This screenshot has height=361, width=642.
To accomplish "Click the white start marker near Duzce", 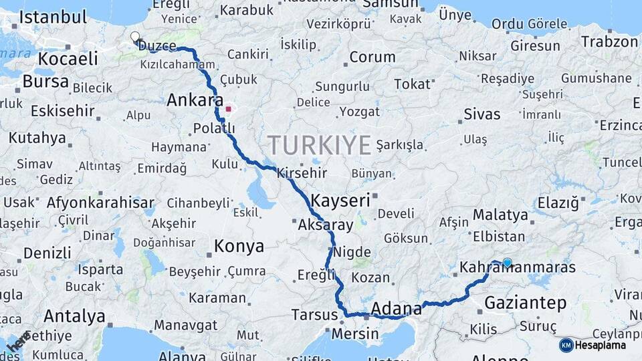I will [135, 37].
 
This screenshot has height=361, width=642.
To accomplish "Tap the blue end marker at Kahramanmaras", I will [508, 263].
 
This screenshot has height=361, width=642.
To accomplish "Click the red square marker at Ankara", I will [228, 108].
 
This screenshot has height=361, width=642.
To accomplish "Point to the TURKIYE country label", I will [320, 145].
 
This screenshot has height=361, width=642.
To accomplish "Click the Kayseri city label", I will [340, 199].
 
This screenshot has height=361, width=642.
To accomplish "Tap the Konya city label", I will [239, 247].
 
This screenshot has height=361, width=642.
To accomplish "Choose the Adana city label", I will [396, 308].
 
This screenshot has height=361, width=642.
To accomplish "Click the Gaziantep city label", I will [525, 303].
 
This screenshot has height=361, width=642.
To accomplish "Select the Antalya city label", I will [74, 316].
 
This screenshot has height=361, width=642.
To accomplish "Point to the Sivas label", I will [482, 114].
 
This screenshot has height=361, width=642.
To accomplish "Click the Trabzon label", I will [609, 41].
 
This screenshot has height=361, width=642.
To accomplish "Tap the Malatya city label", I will [500, 215].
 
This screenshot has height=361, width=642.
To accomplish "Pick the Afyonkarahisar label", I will [100, 203].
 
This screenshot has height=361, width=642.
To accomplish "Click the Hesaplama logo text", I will [601, 345].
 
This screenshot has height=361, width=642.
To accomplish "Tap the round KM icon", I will [566, 345].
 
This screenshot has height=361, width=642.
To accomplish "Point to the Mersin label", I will [355, 332].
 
